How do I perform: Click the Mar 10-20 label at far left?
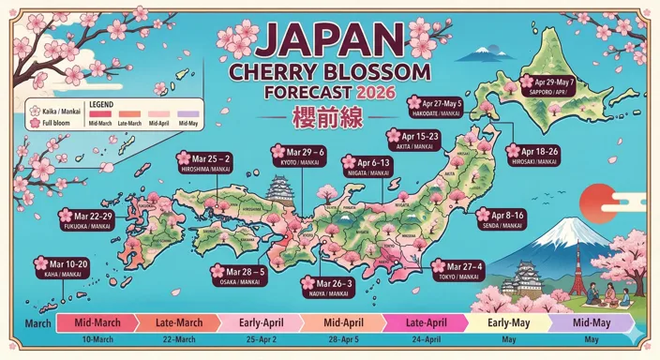66,267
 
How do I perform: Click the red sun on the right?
595,201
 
